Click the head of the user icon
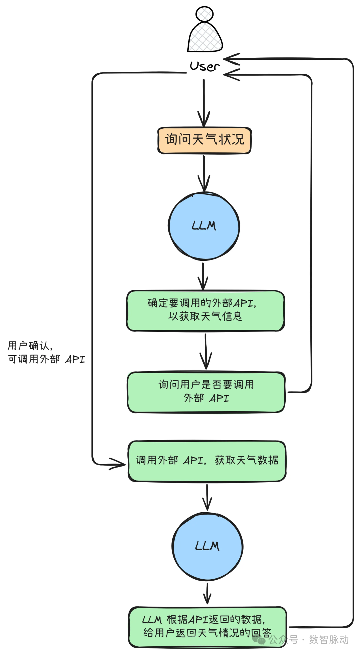(204, 14)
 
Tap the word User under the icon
(204, 66)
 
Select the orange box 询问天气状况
(204, 140)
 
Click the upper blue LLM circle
(204, 226)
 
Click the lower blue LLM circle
(207, 547)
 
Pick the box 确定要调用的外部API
(205, 310)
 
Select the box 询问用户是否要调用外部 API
(206, 392)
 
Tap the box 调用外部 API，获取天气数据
(207, 461)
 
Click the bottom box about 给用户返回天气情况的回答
(207, 626)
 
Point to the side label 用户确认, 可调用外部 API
(46, 353)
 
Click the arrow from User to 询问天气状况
(204, 100)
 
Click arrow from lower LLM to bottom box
(207, 593)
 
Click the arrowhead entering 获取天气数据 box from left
(118, 464)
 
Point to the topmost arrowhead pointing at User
(232, 59)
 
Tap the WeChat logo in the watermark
(259, 640)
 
